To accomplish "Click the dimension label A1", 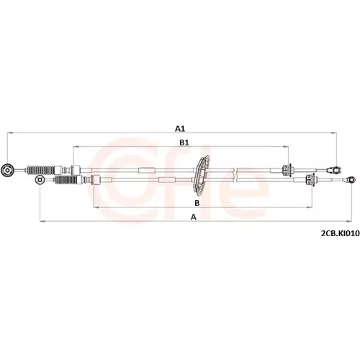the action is pos(180,129).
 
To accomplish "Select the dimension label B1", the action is pos(184,143).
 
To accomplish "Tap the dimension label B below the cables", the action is pos(197,203).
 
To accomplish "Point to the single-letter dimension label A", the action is pos(194,217).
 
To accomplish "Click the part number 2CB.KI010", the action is pos(341,233).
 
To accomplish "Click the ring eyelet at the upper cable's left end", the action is pos(7,171).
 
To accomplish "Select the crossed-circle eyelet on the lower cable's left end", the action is pos(40,179).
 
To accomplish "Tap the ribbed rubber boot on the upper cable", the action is pos(41,170).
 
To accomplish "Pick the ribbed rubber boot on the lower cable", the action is pos(67,179).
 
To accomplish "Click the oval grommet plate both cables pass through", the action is pos(201,174).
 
